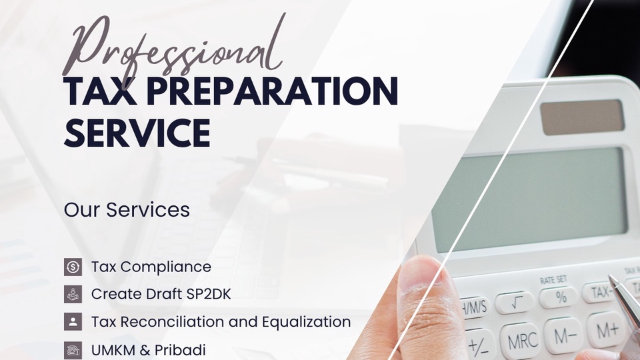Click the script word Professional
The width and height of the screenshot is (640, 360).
click(x=173, y=45)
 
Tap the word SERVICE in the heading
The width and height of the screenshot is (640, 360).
click(x=137, y=133)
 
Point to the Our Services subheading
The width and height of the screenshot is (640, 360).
click(x=127, y=210)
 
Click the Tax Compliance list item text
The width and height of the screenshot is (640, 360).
click(x=151, y=267)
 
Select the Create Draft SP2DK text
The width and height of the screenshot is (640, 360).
click(x=161, y=294)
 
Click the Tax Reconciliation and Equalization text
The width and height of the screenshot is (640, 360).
click(x=221, y=321)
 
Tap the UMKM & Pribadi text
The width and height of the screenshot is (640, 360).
click(x=149, y=350)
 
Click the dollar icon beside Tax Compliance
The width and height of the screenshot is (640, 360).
click(x=73, y=267)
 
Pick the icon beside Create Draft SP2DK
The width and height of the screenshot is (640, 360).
click(x=73, y=294)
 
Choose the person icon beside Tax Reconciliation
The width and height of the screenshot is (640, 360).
click(x=73, y=321)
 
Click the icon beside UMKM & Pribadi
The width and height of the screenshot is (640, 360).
click(x=73, y=350)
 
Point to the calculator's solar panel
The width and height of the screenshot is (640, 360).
click(x=582, y=117)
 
